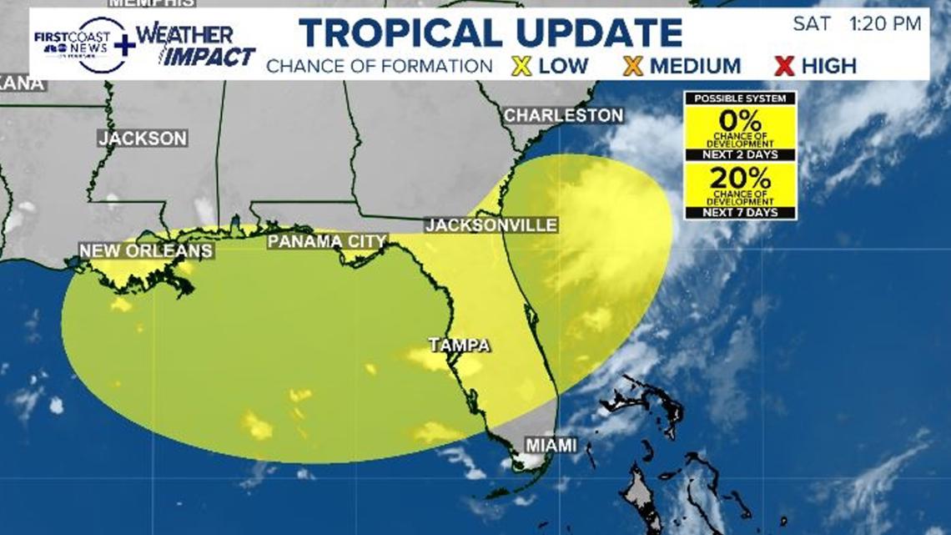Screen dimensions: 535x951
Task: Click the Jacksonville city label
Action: [491, 225]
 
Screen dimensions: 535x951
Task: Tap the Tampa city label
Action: [459, 345]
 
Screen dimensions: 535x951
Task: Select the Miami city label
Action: [551, 446]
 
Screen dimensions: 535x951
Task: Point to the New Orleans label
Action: [146, 250]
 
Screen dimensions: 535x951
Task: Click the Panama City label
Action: [327, 242]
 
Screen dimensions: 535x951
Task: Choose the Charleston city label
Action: [563, 115]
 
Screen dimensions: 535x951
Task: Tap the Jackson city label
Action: [143, 139]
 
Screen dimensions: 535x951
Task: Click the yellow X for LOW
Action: [521, 66]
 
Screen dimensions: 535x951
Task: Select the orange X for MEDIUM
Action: [633, 66]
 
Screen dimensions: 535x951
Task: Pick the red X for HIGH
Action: [783, 66]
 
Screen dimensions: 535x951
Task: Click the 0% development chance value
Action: [741, 121]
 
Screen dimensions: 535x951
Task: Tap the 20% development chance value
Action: [741, 178]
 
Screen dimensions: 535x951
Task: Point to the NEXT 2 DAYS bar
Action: [741, 155]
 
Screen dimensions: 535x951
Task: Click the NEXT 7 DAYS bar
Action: [741, 212]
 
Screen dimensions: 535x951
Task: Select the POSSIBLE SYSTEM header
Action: [741, 98]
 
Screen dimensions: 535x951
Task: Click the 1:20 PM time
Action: [887, 24]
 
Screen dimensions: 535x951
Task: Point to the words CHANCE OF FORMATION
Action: [380, 66]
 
